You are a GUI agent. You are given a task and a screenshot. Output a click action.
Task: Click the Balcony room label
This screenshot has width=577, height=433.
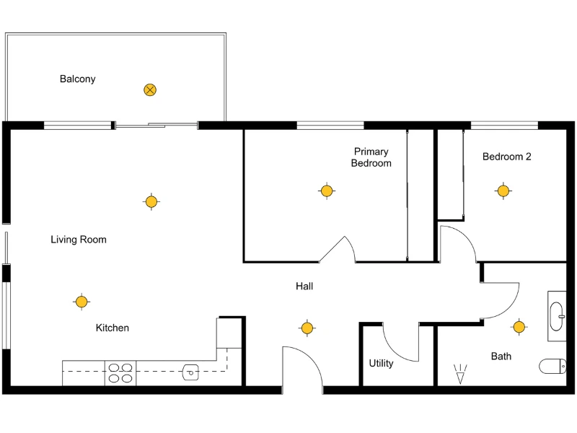coord(77,79)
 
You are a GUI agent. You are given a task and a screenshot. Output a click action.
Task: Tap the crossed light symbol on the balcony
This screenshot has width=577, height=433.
coord(150,90)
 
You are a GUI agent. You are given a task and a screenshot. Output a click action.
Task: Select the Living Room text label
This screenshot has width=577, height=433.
coord(78,240)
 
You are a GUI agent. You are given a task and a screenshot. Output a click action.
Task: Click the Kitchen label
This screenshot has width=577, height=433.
coord(113,328)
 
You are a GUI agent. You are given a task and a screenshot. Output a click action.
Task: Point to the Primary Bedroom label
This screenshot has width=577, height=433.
coord(371,157)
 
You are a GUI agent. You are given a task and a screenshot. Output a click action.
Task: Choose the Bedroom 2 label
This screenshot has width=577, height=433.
coord(506,157)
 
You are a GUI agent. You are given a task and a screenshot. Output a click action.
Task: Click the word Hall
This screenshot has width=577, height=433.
coord(304,287)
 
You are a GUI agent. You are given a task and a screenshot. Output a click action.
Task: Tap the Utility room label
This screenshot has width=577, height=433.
coord(381,363)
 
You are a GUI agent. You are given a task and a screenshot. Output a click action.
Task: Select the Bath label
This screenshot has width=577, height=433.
coord(501,356)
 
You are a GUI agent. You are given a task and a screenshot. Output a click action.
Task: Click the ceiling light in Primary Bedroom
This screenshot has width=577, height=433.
coord(327,191)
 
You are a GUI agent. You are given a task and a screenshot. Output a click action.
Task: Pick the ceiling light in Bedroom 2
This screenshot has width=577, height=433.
coord(503,191)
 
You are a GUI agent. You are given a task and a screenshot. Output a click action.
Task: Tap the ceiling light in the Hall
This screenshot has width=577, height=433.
coord(307,328)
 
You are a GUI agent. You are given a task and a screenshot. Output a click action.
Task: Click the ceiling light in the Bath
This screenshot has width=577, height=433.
coord(519,327)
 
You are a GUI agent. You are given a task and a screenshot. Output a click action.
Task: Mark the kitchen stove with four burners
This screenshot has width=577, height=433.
coord(120,372)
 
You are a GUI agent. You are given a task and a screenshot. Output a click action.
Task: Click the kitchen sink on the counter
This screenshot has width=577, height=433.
coord(190,372)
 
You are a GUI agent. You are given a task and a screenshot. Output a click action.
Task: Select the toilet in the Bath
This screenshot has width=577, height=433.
coord(552,367)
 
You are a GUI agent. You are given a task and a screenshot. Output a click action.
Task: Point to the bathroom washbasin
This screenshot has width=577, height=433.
coord(557,315)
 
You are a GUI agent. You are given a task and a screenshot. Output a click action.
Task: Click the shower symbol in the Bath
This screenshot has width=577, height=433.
coord(460,374)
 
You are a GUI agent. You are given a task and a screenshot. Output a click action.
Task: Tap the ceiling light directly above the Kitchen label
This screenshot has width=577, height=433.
coord(82,302)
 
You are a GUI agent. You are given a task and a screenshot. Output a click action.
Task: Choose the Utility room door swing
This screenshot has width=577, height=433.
coord(401,343)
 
